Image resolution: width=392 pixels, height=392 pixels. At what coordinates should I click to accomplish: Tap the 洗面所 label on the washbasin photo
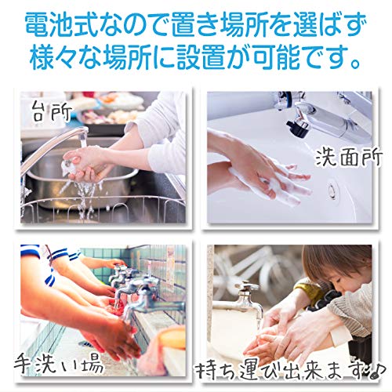click(x=349, y=158)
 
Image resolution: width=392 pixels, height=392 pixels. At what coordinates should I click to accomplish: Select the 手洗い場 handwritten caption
click(x=59, y=364)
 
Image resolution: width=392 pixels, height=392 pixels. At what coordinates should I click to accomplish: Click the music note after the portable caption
click(x=378, y=369)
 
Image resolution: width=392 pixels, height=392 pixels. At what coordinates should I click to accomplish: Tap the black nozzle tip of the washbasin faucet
click(x=297, y=128)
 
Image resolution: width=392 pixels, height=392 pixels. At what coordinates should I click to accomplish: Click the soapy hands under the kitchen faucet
click(x=84, y=162)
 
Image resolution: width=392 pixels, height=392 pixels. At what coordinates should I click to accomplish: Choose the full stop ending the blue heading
click(x=355, y=64)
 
